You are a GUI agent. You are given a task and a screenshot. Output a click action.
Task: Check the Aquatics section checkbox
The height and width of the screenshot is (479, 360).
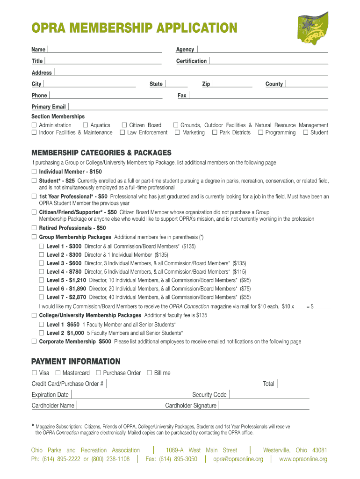pyautogui.click(x=85, y=125)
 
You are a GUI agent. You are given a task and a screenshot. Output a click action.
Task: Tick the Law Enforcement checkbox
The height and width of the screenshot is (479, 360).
pyautogui.click(x=122, y=133)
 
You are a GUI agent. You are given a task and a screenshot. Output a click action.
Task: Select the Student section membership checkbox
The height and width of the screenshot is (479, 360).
pyautogui.click(x=306, y=133)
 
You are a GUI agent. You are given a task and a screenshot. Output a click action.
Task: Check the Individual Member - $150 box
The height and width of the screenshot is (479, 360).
pyautogui.click(x=34, y=172)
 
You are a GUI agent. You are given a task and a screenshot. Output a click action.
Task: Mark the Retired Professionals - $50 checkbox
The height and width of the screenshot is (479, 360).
pyautogui.click(x=34, y=228)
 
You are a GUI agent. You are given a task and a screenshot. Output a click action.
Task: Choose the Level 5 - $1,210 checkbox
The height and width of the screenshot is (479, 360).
pyautogui.click(x=42, y=280)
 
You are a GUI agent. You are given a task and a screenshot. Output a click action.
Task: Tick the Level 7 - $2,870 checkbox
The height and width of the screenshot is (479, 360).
pyautogui.click(x=42, y=297)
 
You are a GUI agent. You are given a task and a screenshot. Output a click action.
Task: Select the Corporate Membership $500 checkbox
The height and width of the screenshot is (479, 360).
pyautogui.click(x=34, y=341)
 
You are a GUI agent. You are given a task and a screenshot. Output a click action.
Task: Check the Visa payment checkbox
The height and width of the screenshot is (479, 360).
pyautogui.click(x=34, y=373)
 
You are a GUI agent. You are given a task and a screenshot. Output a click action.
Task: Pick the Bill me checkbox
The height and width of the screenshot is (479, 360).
pyautogui.click(x=150, y=373)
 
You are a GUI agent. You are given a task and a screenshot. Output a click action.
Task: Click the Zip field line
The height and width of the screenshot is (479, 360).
pyautogui.click(x=232, y=84)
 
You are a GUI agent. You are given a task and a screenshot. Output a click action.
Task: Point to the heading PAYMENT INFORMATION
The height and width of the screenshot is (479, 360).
pyautogui.click(x=76, y=362)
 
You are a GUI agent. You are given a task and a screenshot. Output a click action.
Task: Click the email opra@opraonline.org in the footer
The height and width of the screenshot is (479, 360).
pyautogui.click(x=238, y=459)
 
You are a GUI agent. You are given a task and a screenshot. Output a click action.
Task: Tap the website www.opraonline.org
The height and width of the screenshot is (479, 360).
pyautogui.click(x=303, y=459)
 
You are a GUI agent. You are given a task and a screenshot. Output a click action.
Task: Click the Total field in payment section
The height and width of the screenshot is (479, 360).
pyautogui.click(x=293, y=384)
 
